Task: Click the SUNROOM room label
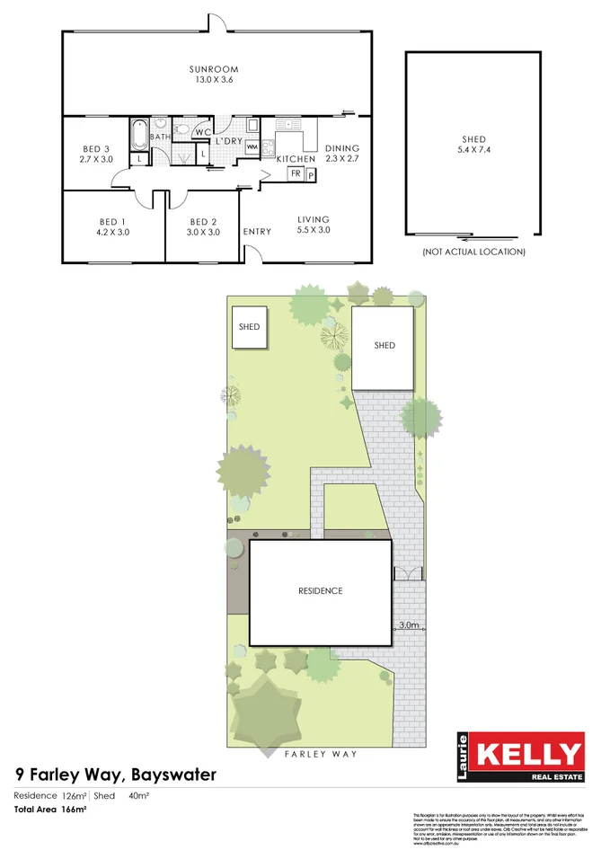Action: click(x=213, y=69)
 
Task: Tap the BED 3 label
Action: click(x=94, y=149)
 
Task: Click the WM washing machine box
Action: click(x=252, y=146)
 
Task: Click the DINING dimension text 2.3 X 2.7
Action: click(x=342, y=158)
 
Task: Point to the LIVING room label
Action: click(x=314, y=219)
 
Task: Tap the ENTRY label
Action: click(x=257, y=232)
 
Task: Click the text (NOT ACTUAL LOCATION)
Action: click(x=473, y=252)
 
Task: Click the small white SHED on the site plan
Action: click(x=249, y=327)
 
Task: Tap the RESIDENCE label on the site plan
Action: click(x=321, y=591)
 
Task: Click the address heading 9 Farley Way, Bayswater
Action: click(x=116, y=775)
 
